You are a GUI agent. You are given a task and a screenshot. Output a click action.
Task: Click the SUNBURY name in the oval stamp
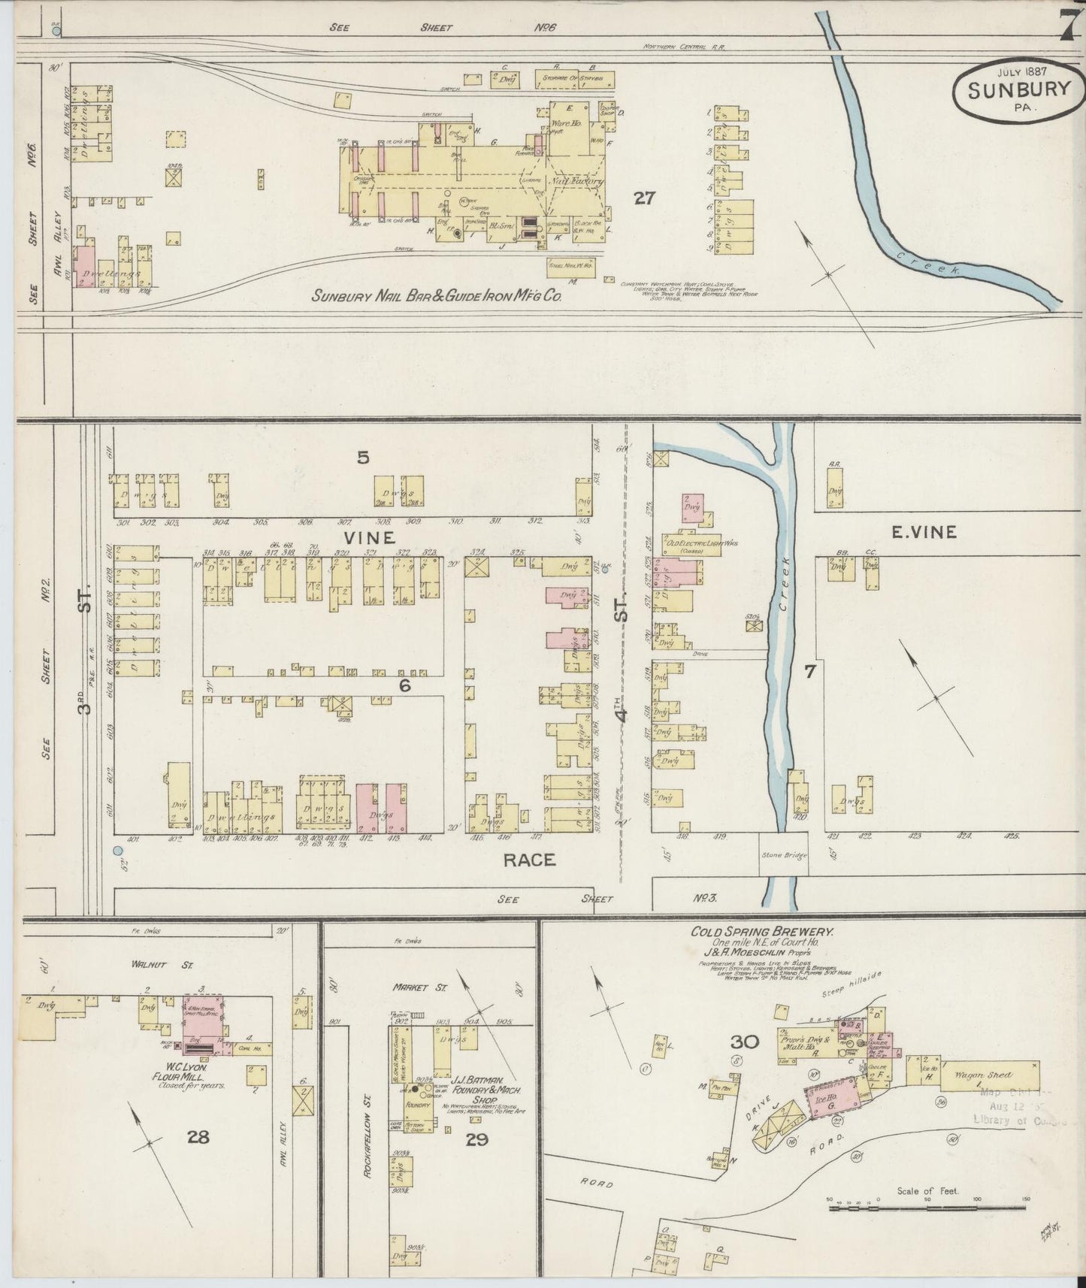pyautogui.click(x=1019, y=89)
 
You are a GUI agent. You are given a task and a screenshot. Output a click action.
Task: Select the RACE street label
pyautogui.click(x=530, y=860)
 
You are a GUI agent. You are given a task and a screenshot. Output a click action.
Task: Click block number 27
pyautogui.click(x=644, y=198)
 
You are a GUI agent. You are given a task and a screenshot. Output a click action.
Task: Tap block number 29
pyautogui.click(x=476, y=1140)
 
